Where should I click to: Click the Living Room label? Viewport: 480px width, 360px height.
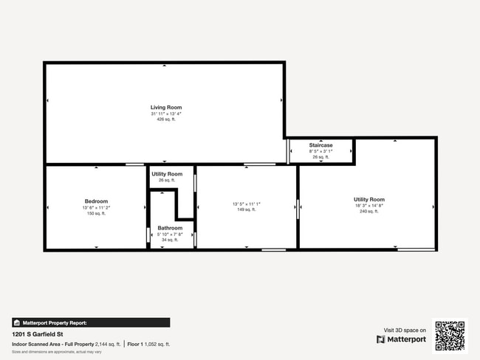click(x=166, y=108)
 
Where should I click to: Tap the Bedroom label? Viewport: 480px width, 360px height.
click(x=96, y=201)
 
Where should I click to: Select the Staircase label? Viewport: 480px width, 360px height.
click(x=320, y=145)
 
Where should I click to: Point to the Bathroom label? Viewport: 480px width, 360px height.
click(x=170, y=228)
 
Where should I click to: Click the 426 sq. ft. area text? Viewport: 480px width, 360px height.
click(x=166, y=120)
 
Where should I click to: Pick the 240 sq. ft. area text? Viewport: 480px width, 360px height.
click(x=369, y=212)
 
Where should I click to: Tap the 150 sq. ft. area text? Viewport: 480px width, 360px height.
click(x=96, y=213)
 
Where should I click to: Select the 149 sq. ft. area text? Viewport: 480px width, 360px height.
click(x=247, y=210)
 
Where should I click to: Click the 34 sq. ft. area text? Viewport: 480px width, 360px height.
click(x=170, y=240)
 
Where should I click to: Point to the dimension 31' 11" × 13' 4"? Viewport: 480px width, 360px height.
click(x=166, y=114)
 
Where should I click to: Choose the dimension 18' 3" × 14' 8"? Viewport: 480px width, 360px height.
click(x=369, y=206)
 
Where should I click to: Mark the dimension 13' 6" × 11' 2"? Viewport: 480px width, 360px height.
click(x=96, y=207)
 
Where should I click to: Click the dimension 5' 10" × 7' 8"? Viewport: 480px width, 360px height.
click(x=170, y=234)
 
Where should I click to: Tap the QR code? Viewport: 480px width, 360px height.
click(x=450, y=335)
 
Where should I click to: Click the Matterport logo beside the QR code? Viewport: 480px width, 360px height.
click(x=402, y=339)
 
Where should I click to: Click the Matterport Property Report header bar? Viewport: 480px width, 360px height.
click(x=91, y=322)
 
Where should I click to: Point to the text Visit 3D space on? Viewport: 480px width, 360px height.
click(x=405, y=330)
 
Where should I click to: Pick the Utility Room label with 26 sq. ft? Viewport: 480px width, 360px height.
click(x=166, y=174)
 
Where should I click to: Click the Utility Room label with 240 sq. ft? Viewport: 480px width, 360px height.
click(x=369, y=200)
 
